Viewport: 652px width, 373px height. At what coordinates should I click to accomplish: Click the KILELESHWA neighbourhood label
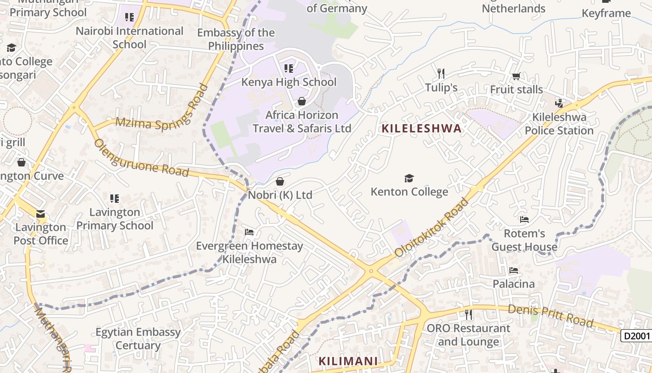[422, 129]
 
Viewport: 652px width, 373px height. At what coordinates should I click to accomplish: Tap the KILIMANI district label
[348, 361]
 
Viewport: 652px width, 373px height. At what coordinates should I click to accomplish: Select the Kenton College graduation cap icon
[409, 178]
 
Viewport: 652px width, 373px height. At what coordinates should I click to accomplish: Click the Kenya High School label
[289, 82]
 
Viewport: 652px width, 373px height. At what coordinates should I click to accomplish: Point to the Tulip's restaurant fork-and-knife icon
[441, 74]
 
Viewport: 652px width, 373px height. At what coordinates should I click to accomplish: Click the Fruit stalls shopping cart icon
[516, 76]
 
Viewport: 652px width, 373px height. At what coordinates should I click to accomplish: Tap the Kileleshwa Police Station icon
[559, 103]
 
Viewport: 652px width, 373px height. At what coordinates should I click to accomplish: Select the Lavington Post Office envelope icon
[41, 214]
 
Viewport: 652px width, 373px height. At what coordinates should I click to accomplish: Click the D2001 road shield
[636, 336]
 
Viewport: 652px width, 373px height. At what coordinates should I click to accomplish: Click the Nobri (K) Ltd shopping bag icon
[280, 181]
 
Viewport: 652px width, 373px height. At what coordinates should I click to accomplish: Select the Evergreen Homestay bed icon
[249, 232]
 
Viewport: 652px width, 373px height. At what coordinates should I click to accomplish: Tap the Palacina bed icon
[514, 270]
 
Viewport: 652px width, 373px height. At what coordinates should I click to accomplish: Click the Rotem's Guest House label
[524, 240]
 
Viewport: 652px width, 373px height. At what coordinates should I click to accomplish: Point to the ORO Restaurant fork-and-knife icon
[469, 315]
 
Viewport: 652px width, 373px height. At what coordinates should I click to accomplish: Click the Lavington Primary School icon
[115, 199]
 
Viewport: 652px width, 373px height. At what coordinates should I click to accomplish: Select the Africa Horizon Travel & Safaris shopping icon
[302, 101]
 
